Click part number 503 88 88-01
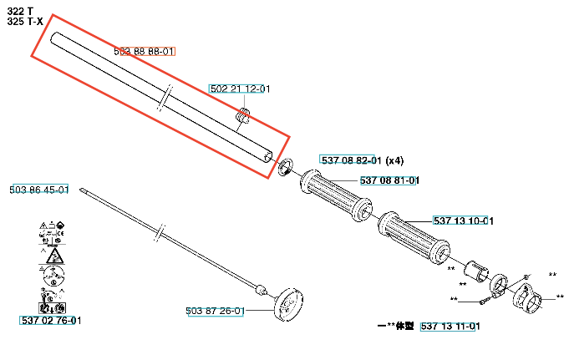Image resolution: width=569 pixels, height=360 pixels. point(145,52)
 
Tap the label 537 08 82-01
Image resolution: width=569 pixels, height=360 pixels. point(351,160)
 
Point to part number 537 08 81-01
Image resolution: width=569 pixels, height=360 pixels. point(389,180)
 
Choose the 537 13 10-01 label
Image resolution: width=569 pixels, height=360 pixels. point(463,221)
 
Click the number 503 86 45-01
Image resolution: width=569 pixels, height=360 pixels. point(39,190)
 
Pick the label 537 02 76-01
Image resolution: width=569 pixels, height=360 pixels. point(50,320)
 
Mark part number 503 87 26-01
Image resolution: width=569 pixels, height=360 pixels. point(215,312)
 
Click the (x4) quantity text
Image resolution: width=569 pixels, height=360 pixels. point(395,160)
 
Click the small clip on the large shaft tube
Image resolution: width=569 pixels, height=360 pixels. point(243,116)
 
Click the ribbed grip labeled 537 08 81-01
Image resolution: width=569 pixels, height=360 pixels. point(334,195)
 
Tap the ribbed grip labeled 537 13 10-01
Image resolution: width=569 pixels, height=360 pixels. point(415,239)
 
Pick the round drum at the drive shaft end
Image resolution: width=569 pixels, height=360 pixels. point(289,302)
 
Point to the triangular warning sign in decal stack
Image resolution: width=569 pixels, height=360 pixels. point(52,255)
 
